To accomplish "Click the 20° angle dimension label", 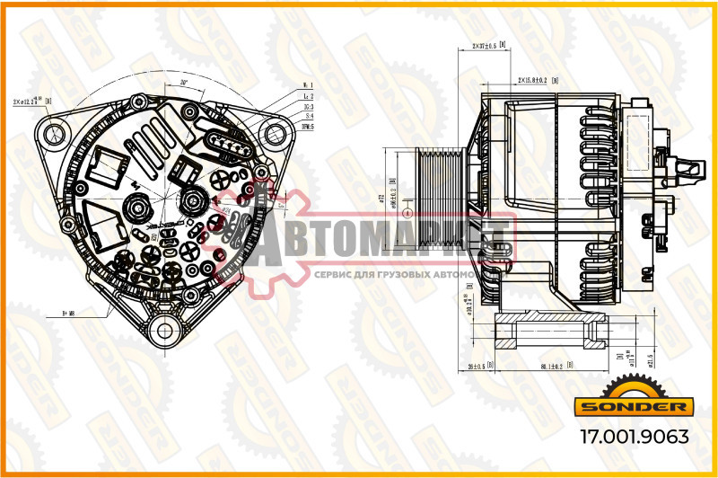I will pyautogui.click(x=183, y=83).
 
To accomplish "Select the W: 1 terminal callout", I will pyautogui.click(x=308, y=86).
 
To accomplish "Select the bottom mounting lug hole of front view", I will pyautogui.click(x=164, y=330).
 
